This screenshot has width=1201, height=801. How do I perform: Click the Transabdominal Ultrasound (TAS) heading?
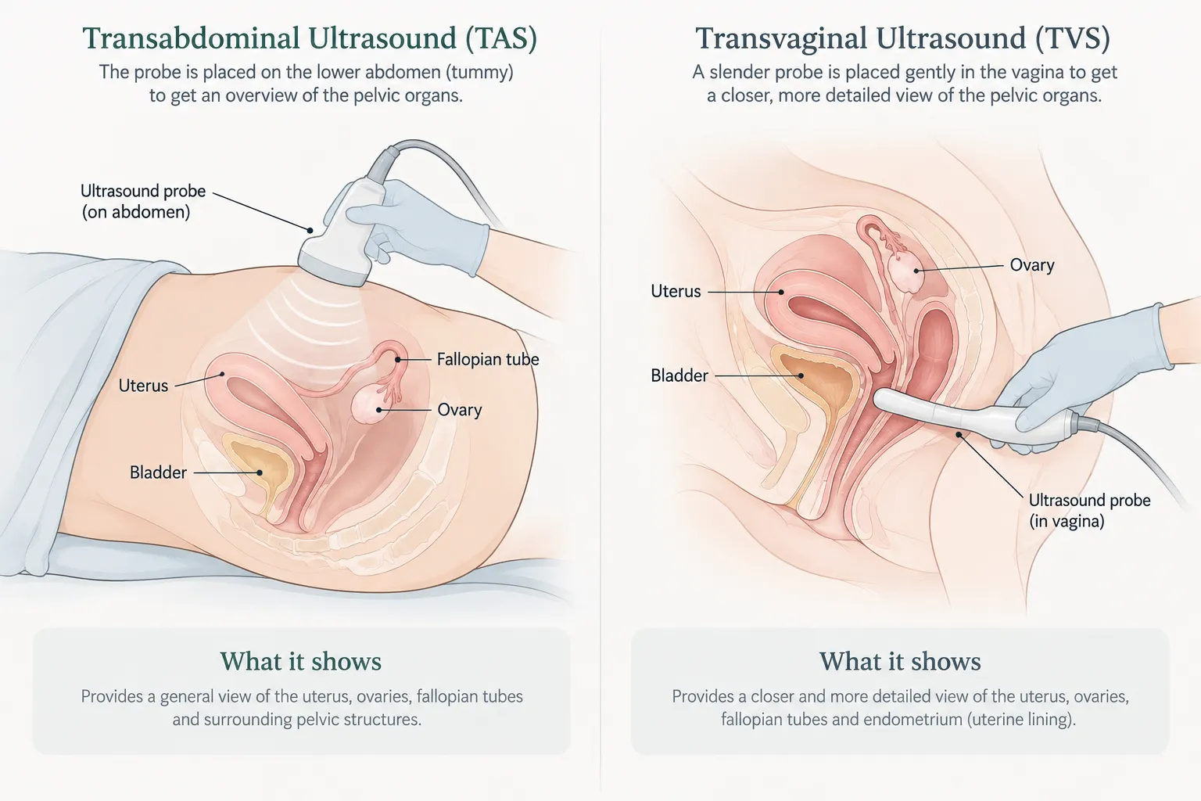(310, 38)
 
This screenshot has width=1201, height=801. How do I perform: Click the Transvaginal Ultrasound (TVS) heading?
(902, 38)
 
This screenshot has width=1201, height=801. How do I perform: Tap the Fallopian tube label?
(488, 359)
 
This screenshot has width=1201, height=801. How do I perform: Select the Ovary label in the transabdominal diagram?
(460, 410)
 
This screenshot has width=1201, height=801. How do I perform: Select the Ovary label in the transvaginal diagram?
(1032, 265)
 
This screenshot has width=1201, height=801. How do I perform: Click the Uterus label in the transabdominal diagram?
(143, 385)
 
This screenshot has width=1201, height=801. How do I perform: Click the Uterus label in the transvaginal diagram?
(676, 291)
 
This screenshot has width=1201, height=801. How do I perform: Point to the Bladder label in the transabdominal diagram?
(158, 472)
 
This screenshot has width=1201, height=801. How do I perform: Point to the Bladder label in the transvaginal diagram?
(679, 375)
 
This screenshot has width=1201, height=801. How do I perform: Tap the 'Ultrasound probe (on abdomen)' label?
(143, 201)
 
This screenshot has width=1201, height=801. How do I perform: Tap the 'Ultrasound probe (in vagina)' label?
(1089, 510)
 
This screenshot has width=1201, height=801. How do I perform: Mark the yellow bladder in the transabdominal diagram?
(260, 467)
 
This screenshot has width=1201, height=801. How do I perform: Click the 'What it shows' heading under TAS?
(301, 662)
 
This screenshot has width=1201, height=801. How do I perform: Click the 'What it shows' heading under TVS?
(900, 662)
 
